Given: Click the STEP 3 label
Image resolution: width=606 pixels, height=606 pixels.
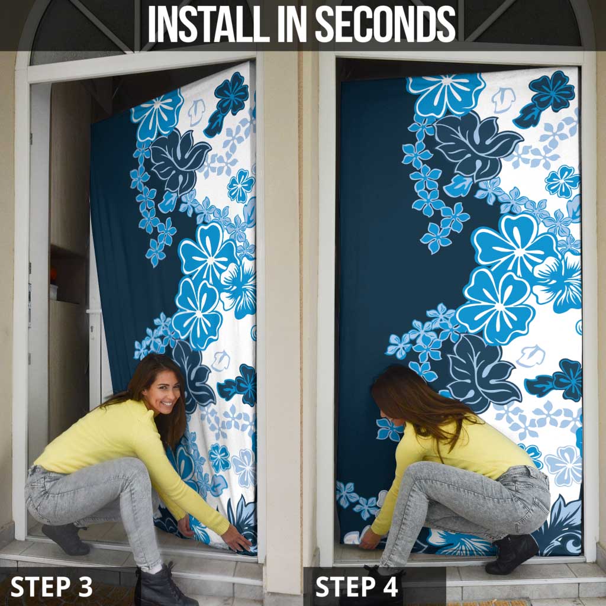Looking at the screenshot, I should coord(51,586).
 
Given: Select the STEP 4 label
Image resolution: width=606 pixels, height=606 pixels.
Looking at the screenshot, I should coord(356,586).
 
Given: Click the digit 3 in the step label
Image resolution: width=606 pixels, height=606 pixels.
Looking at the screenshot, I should coord(85,586).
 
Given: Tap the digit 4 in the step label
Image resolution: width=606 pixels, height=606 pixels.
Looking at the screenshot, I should coord(390,586).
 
